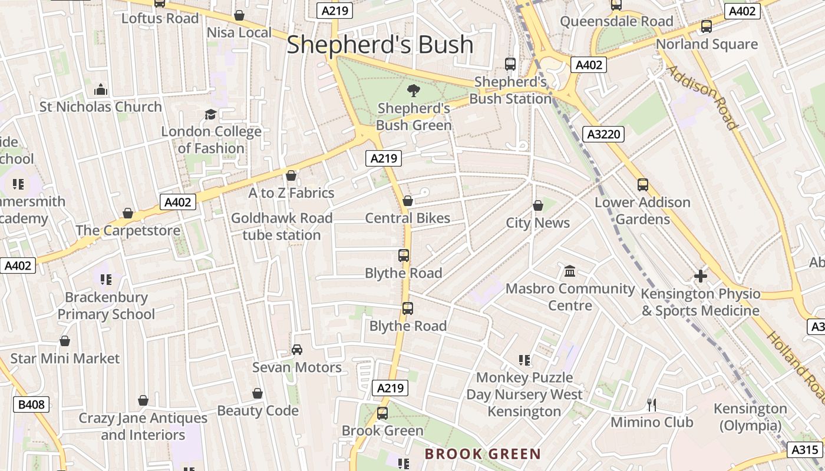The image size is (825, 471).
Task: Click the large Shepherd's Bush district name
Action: [379, 45]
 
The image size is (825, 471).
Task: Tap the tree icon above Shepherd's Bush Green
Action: [414, 90]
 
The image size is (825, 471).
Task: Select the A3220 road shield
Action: [605, 134]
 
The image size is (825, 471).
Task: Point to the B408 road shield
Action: [31, 404]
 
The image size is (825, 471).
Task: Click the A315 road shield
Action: [804, 450]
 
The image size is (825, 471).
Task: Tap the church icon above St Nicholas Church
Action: [101, 89]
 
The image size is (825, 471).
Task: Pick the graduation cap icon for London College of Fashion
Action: [210, 114]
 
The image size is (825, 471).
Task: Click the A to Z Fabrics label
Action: [291, 193]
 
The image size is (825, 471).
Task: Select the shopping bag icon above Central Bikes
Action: [407, 201]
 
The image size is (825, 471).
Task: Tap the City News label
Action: [537, 223]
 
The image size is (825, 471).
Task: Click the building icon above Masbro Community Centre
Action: [570, 271]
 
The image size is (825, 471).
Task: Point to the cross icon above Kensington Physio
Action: [700, 276]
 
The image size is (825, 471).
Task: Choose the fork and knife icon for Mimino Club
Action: [652, 404]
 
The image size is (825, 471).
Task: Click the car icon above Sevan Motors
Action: [297, 350]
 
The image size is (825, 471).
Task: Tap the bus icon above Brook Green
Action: [382, 413]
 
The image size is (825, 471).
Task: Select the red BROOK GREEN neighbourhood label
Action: [483, 454]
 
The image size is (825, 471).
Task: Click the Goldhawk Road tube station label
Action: [282, 227]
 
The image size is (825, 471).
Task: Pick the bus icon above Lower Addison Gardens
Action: [642, 185]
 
